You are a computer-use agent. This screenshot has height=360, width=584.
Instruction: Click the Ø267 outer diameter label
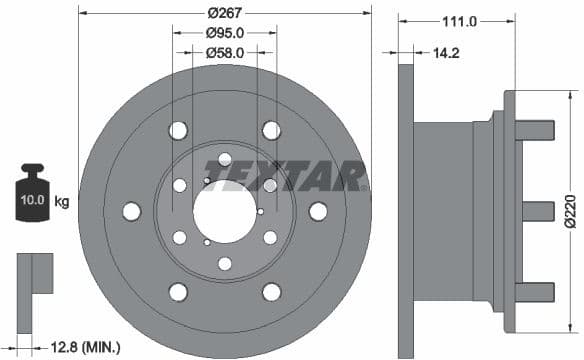pos(225,13)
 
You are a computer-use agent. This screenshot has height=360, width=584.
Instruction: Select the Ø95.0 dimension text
pos(225,32)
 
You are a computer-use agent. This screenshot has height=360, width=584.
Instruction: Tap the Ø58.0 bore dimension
pos(225,50)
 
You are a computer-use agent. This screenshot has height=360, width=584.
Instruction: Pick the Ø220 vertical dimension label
pos(569,212)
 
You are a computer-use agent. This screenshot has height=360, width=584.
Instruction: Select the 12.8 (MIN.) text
pos(84,347)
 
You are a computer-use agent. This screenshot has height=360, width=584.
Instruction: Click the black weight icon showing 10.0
pos(32,196)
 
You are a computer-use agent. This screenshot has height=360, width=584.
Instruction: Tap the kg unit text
pos(62,202)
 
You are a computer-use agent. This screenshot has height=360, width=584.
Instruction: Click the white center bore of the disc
pos(225,211)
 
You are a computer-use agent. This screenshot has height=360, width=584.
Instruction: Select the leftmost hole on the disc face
pos(131,211)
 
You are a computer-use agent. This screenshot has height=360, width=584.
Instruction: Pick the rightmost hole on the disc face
pos(318,211)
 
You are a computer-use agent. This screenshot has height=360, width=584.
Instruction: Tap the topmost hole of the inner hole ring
pos(225,160)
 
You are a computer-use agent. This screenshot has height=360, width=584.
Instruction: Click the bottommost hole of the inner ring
pos(225,263)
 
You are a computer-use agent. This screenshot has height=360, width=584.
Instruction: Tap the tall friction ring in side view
pos(405,211)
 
